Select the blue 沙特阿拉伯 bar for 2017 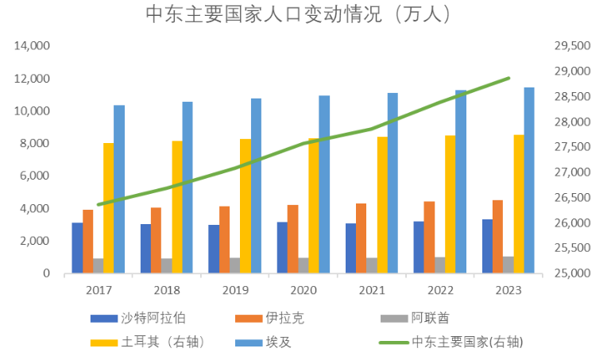[x=77, y=248]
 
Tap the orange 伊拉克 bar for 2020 [x=293, y=239]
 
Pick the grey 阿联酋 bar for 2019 [x=235, y=265]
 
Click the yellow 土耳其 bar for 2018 [x=177, y=207]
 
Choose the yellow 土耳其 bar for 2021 [x=383, y=205]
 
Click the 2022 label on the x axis [x=440, y=290]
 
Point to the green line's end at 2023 [x=509, y=78]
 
